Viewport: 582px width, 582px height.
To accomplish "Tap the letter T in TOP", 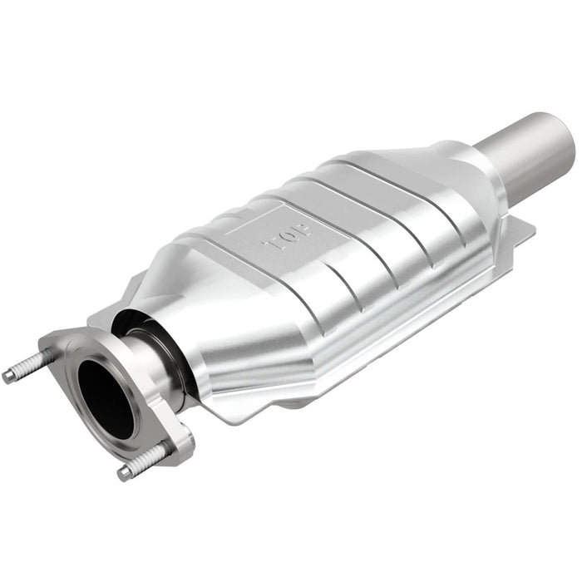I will pos(269,245).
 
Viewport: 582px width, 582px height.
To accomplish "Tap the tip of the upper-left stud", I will pos(8,377).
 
